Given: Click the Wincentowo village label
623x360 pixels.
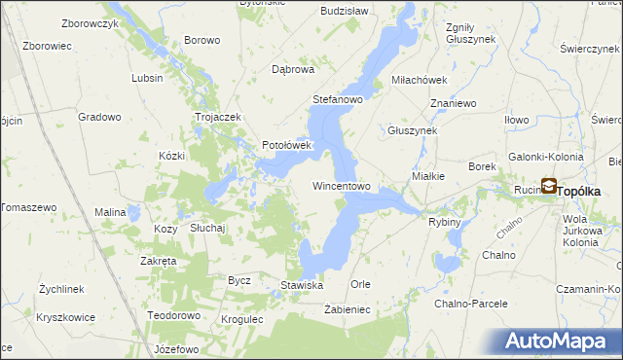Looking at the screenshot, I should [x=341, y=186].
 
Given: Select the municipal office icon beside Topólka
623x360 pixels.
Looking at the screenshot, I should [x=548, y=187].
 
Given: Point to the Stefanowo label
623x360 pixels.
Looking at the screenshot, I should [x=337, y=100].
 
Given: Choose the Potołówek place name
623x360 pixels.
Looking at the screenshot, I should [x=285, y=146].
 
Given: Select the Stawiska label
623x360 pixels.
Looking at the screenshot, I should [x=302, y=285].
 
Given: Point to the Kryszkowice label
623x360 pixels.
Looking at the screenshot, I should [x=66, y=318].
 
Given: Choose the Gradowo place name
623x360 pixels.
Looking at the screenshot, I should [x=100, y=117].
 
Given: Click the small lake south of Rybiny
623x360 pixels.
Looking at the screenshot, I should [x=449, y=262].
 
